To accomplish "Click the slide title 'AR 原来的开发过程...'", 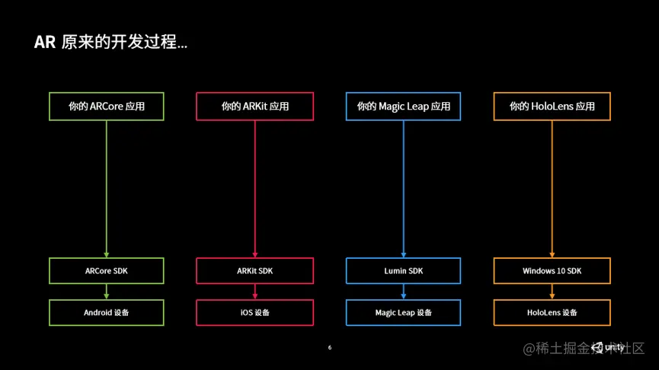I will click(x=110, y=42).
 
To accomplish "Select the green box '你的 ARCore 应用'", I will click(x=106, y=107).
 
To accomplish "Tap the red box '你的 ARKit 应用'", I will click(x=254, y=107).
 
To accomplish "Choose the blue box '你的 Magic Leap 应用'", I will click(x=403, y=107).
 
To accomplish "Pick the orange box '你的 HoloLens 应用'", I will click(x=552, y=107).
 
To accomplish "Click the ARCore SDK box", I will click(x=106, y=271).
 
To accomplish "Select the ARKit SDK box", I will click(x=254, y=271).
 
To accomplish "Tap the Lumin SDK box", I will click(x=403, y=271).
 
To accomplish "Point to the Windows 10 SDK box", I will click(x=552, y=271).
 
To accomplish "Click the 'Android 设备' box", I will click(x=106, y=312).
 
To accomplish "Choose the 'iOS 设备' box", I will click(x=254, y=312).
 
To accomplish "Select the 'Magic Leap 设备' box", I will click(x=403, y=312).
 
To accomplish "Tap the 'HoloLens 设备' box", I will click(x=552, y=312).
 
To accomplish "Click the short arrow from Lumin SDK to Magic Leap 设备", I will click(x=403, y=292).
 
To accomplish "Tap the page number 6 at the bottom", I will click(x=330, y=348).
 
